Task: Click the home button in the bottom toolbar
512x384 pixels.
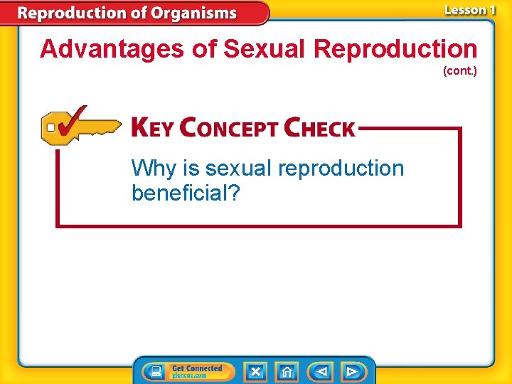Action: point(287,371)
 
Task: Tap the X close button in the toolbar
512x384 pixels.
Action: point(255,371)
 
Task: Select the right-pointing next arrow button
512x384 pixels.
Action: point(351,371)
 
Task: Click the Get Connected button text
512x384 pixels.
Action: point(197,368)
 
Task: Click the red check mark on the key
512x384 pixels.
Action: point(71,122)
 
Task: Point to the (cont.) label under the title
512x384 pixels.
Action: point(459,71)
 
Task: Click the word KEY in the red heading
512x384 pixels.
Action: point(152,128)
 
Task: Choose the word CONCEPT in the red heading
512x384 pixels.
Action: point(228,128)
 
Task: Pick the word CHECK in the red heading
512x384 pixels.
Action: point(319,128)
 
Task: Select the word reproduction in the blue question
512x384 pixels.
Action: point(341,169)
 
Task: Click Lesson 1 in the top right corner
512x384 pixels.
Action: point(469,11)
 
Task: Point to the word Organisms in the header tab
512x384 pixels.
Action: point(196,13)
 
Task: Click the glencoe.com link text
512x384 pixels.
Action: point(189,375)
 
